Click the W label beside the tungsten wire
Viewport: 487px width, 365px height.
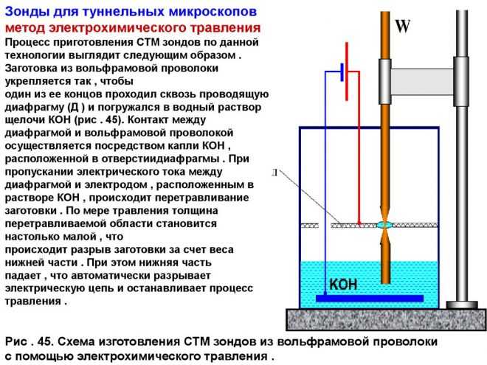[403, 26]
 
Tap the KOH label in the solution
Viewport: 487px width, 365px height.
[343, 285]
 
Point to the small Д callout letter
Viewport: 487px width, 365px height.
[274, 173]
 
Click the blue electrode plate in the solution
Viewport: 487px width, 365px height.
[370, 299]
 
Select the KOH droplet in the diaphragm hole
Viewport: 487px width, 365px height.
[385, 226]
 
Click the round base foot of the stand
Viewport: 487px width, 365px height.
[462, 305]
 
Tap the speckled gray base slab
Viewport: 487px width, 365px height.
[386, 320]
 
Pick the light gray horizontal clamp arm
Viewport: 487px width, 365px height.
[422, 82]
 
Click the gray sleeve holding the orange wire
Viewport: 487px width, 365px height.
[384, 81]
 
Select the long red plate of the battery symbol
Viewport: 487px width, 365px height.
[347, 72]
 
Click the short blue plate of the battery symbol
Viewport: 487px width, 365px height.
[342, 72]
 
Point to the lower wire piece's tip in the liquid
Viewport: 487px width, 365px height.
[385, 282]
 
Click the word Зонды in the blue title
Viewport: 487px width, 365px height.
[27, 12]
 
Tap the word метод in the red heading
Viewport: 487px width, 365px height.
[25, 28]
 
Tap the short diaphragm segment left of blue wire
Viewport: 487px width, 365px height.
[310, 226]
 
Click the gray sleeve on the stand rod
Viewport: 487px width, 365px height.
[461, 81]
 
